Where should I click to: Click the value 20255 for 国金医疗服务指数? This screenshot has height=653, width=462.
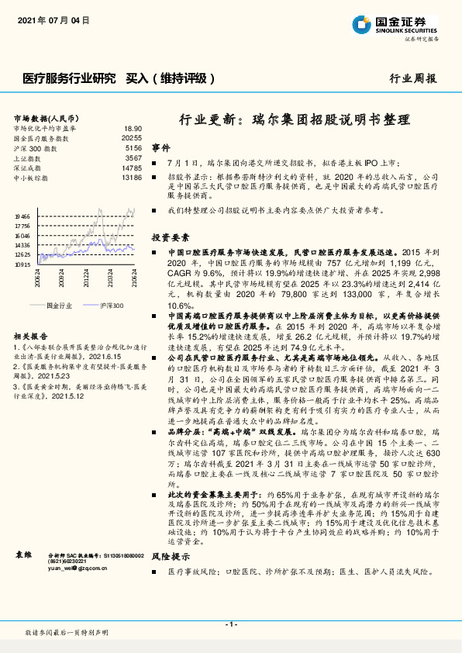click(131, 137)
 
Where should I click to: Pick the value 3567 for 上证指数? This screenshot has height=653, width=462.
click(133, 157)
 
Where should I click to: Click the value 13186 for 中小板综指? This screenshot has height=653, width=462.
click(131, 178)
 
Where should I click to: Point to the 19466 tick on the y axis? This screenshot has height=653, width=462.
click(22, 217)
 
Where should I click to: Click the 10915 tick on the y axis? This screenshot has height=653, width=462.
click(22, 264)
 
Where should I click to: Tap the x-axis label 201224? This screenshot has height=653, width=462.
click(87, 277)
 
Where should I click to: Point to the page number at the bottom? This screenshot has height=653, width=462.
click(230, 624)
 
